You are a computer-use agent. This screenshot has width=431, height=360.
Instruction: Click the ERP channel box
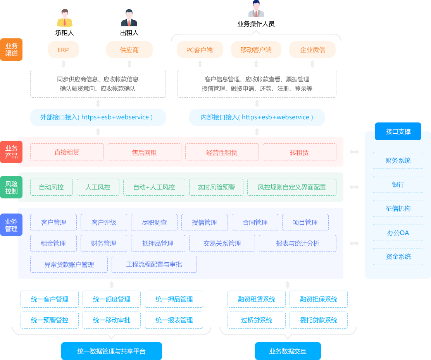63,50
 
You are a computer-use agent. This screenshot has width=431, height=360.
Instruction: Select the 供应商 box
129,50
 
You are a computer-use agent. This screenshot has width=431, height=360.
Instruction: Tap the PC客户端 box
200,50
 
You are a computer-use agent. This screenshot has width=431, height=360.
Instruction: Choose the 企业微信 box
312,50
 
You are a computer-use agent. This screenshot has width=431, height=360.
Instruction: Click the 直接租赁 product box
67,152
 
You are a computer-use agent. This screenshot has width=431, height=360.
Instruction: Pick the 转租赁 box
299,152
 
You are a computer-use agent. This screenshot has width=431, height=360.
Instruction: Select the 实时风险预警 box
216,187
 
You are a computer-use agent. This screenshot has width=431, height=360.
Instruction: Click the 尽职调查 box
154,222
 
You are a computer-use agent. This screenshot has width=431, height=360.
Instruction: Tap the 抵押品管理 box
158,243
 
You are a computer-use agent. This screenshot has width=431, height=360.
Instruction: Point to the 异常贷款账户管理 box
69,265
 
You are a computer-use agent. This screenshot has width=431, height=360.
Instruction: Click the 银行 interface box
398,184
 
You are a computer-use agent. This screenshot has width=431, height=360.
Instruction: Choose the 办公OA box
398,233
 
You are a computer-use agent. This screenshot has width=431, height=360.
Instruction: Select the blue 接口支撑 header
398,131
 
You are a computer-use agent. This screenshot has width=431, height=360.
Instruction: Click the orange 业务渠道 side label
11,50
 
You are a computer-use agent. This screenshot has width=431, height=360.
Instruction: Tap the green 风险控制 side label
11,187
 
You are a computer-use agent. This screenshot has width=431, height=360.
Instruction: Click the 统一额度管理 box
112,299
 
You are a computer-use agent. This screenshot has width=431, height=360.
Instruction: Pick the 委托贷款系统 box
318,320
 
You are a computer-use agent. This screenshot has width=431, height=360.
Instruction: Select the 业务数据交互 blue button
288,351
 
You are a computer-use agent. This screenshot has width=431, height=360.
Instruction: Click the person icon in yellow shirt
65,18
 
